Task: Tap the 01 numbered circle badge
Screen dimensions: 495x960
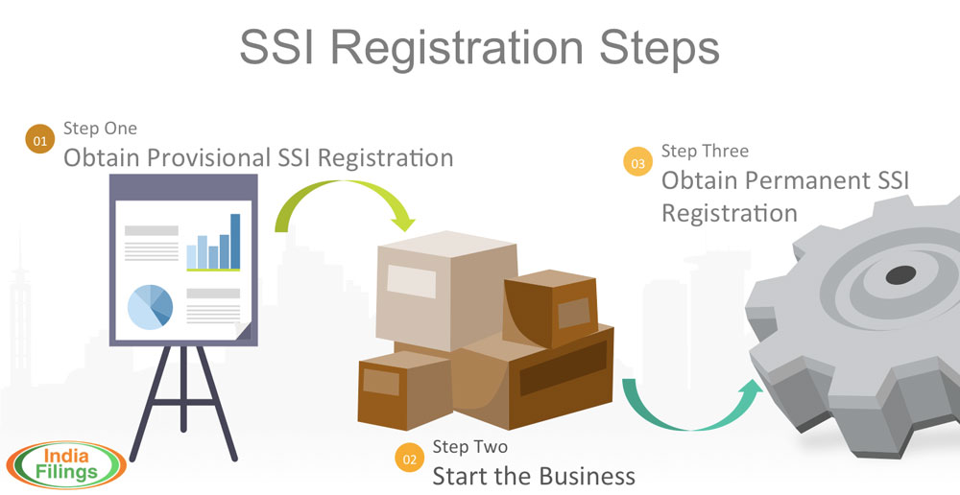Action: (39, 141)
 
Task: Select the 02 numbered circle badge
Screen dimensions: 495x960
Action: (410, 459)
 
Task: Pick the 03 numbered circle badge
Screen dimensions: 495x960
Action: (637, 163)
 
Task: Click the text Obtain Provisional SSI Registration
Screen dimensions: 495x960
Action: (258, 157)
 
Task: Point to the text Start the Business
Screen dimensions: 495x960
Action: (533, 476)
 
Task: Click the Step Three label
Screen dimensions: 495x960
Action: (705, 151)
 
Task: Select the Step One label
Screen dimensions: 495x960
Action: (100, 128)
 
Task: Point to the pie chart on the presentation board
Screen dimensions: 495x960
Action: (150, 306)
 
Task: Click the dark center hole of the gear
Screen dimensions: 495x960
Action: (900, 275)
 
